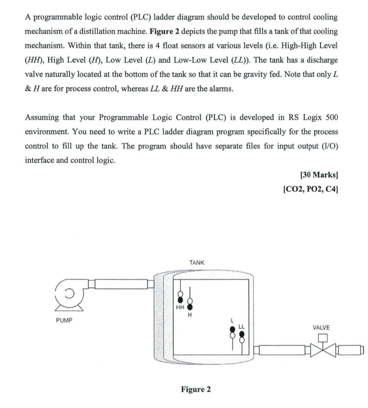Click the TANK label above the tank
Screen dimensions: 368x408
click(x=196, y=263)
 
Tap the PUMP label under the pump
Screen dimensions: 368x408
click(x=64, y=320)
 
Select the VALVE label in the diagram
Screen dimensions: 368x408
click(x=321, y=327)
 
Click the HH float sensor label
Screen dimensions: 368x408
click(x=180, y=308)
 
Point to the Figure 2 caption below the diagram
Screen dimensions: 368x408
click(x=196, y=389)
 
